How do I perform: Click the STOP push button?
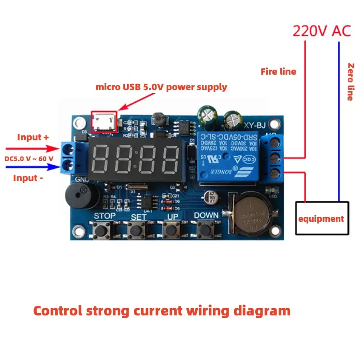click(104, 230)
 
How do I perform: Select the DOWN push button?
click(206, 230)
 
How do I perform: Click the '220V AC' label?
click(322, 31)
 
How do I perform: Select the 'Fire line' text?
click(278, 71)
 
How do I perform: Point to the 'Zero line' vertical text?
click(350, 81)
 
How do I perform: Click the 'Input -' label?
click(28, 178)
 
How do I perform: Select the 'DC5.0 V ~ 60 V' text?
click(29, 158)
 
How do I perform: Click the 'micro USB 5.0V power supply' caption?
click(161, 87)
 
